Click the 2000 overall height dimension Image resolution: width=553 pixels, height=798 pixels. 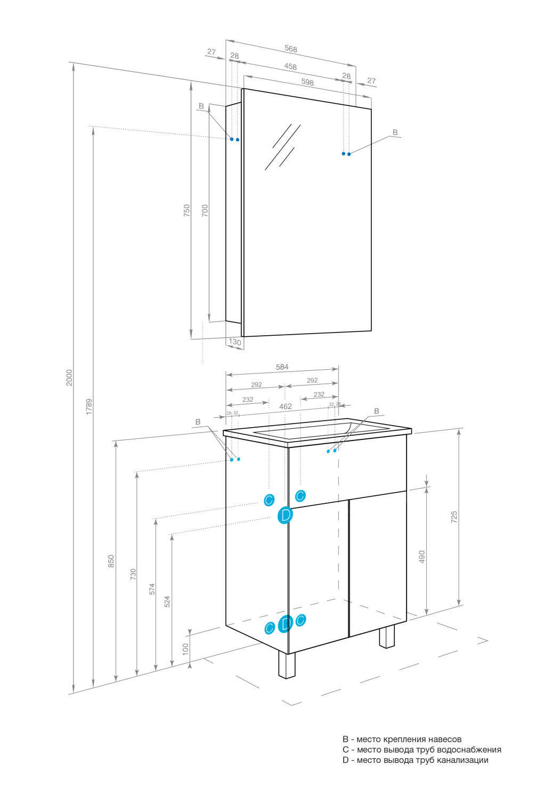pos(69,377)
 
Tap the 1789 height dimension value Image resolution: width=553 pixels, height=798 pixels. pos(89,406)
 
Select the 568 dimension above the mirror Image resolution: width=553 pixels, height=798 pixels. pos(290,49)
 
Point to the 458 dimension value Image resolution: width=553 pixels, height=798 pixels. pos(290,66)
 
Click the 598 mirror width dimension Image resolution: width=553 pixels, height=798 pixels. pos(307,82)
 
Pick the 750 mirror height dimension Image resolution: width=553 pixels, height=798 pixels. pos(186,210)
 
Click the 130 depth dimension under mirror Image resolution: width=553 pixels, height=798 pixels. pos(235,342)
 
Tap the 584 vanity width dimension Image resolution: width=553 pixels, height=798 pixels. pos(282,367)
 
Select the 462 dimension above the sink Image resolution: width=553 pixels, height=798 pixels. pos(286,406)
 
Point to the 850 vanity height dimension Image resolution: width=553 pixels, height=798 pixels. pos(111,561)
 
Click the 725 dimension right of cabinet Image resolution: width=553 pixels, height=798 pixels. pos(454,516)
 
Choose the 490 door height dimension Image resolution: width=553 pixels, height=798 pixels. pos(422,556)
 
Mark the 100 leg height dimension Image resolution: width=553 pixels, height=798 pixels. pos(185,648)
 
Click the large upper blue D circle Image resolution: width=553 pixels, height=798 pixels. pos(286,515)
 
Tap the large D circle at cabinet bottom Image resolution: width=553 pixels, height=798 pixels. pos(286,624)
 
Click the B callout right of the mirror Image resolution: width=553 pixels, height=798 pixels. pos(395,132)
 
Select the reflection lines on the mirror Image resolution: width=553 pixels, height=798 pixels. pos(282,147)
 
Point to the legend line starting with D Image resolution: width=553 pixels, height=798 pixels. pos(415,760)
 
